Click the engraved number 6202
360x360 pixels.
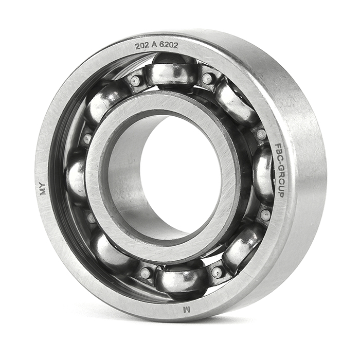[169, 45]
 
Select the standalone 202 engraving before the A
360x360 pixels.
[141, 46]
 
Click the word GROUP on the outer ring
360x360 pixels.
[280, 182]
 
